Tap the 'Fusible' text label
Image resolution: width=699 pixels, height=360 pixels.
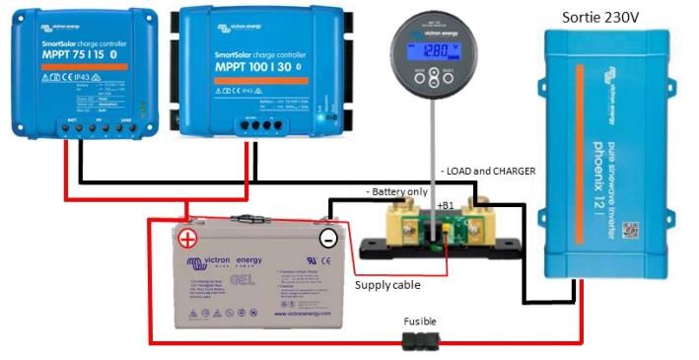420,322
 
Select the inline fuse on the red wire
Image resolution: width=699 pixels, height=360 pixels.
421,341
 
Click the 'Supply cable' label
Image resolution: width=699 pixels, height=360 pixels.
387,285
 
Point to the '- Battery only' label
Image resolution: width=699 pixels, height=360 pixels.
397,190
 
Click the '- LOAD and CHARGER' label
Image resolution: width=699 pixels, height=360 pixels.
487,171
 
